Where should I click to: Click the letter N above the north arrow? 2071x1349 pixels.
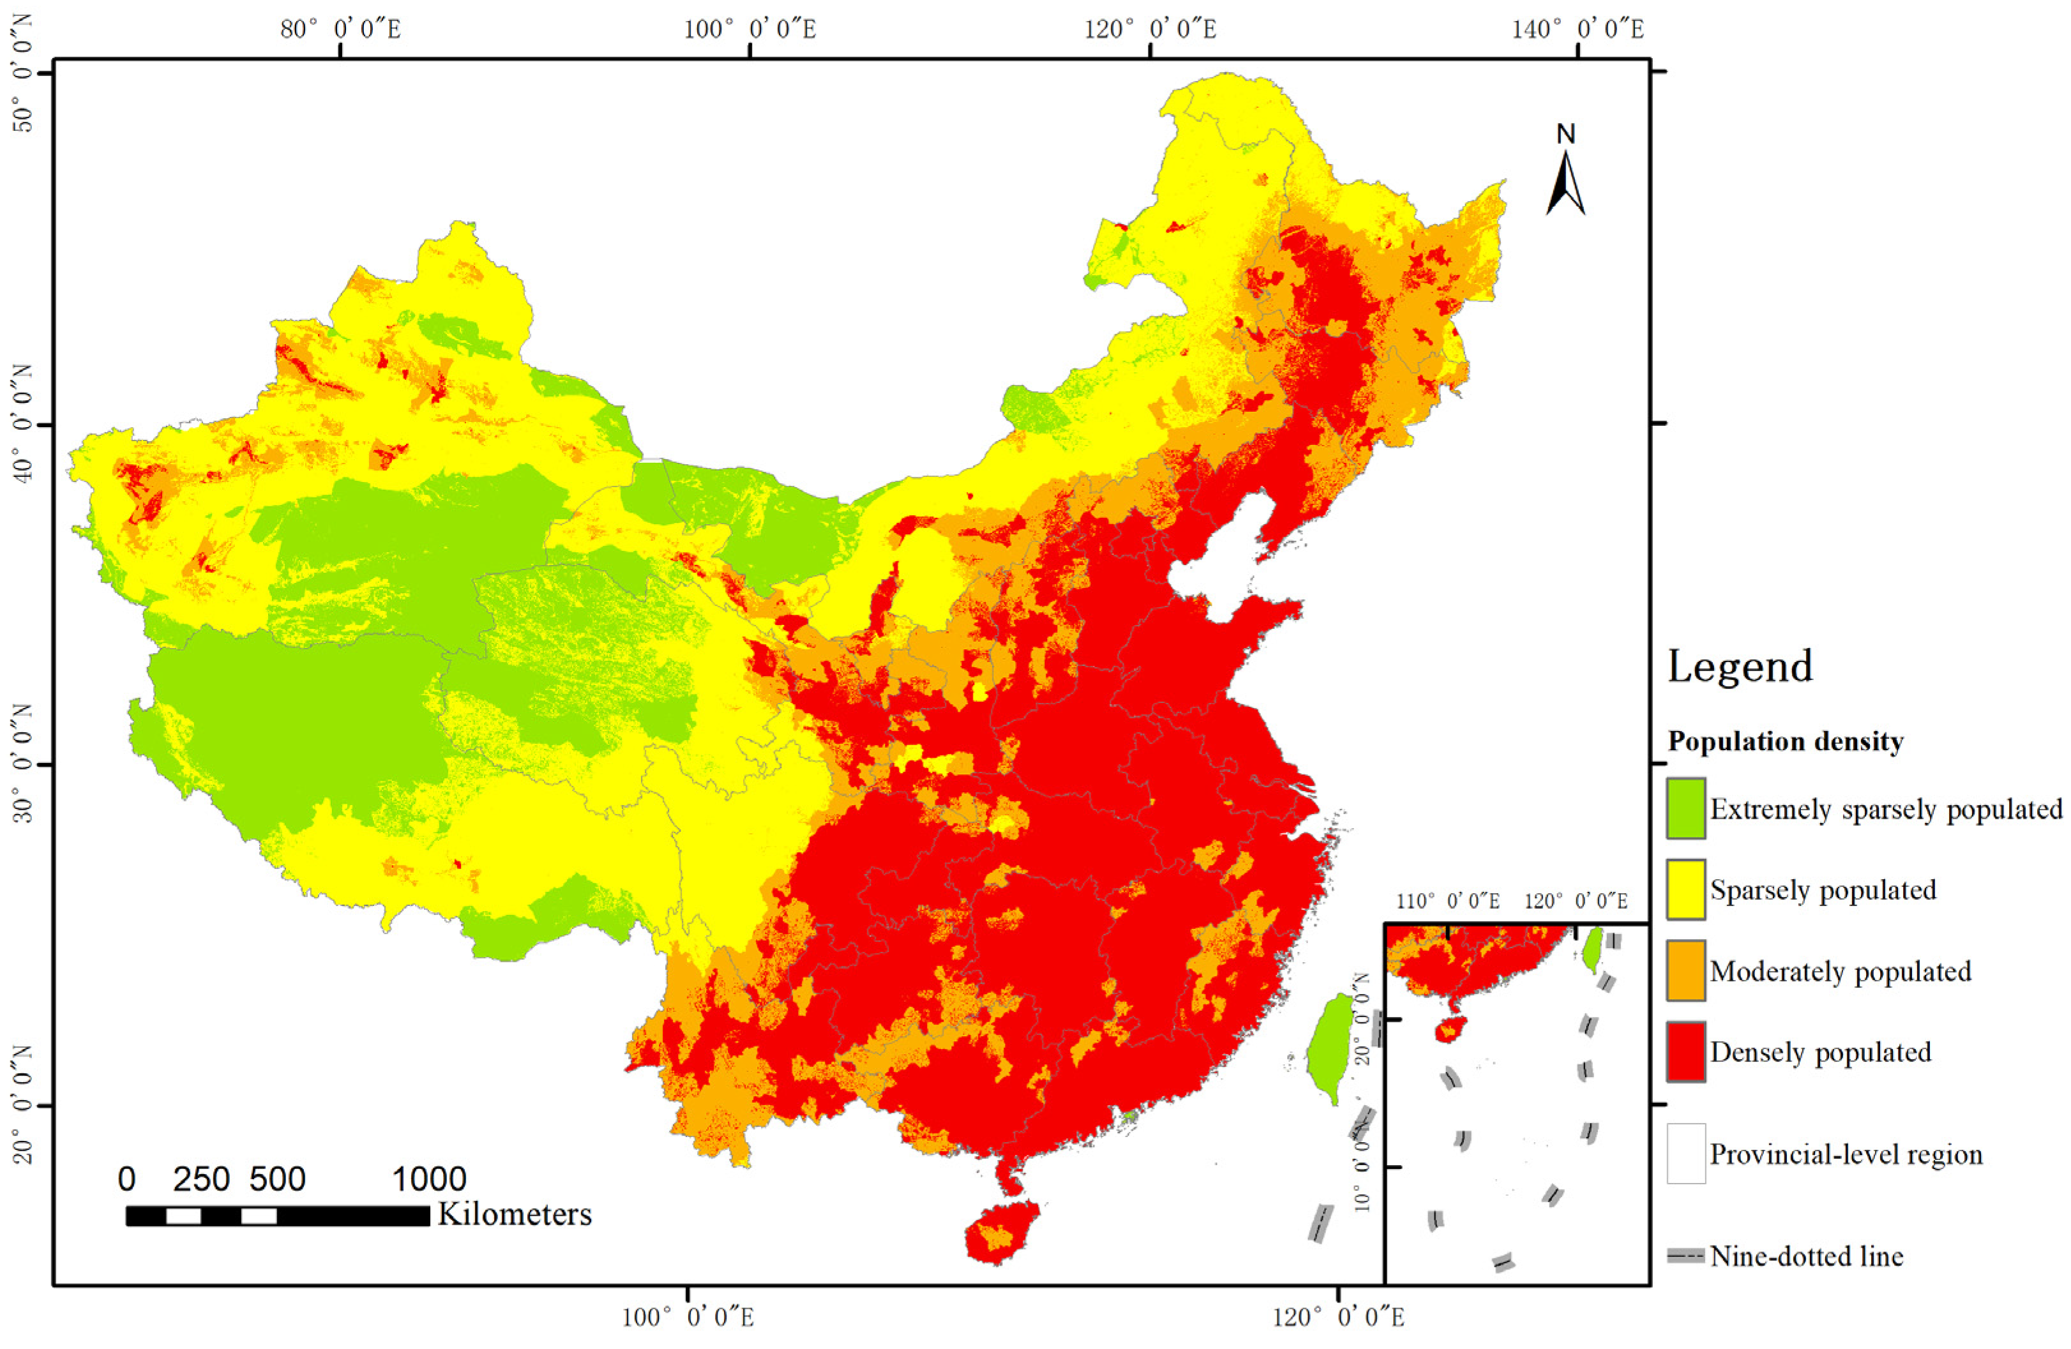[x=1565, y=134]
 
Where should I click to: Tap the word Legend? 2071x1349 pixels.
[x=1740, y=667]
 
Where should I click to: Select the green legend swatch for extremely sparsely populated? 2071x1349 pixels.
[x=1685, y=808]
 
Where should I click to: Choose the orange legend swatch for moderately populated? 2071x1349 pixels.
[x=1685, y=970]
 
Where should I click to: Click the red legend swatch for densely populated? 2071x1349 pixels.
[x=1685, y=1051]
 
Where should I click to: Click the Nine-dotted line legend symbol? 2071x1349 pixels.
[x=1685, y=1256]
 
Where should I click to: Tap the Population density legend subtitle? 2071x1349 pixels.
[x=1785, y=741]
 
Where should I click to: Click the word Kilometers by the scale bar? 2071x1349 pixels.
[x=515, y=1214]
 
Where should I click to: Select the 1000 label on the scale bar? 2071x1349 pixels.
[x=429, y=1179]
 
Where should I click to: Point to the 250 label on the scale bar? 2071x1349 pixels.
[x=201, y=1179]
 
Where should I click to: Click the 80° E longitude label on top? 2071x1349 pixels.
[x=340, y=29]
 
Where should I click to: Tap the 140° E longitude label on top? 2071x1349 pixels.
[x=1578, y=29]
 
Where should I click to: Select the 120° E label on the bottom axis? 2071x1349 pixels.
[x=1338, y=1318]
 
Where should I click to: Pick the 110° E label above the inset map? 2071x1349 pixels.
[x=1448, y=901]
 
